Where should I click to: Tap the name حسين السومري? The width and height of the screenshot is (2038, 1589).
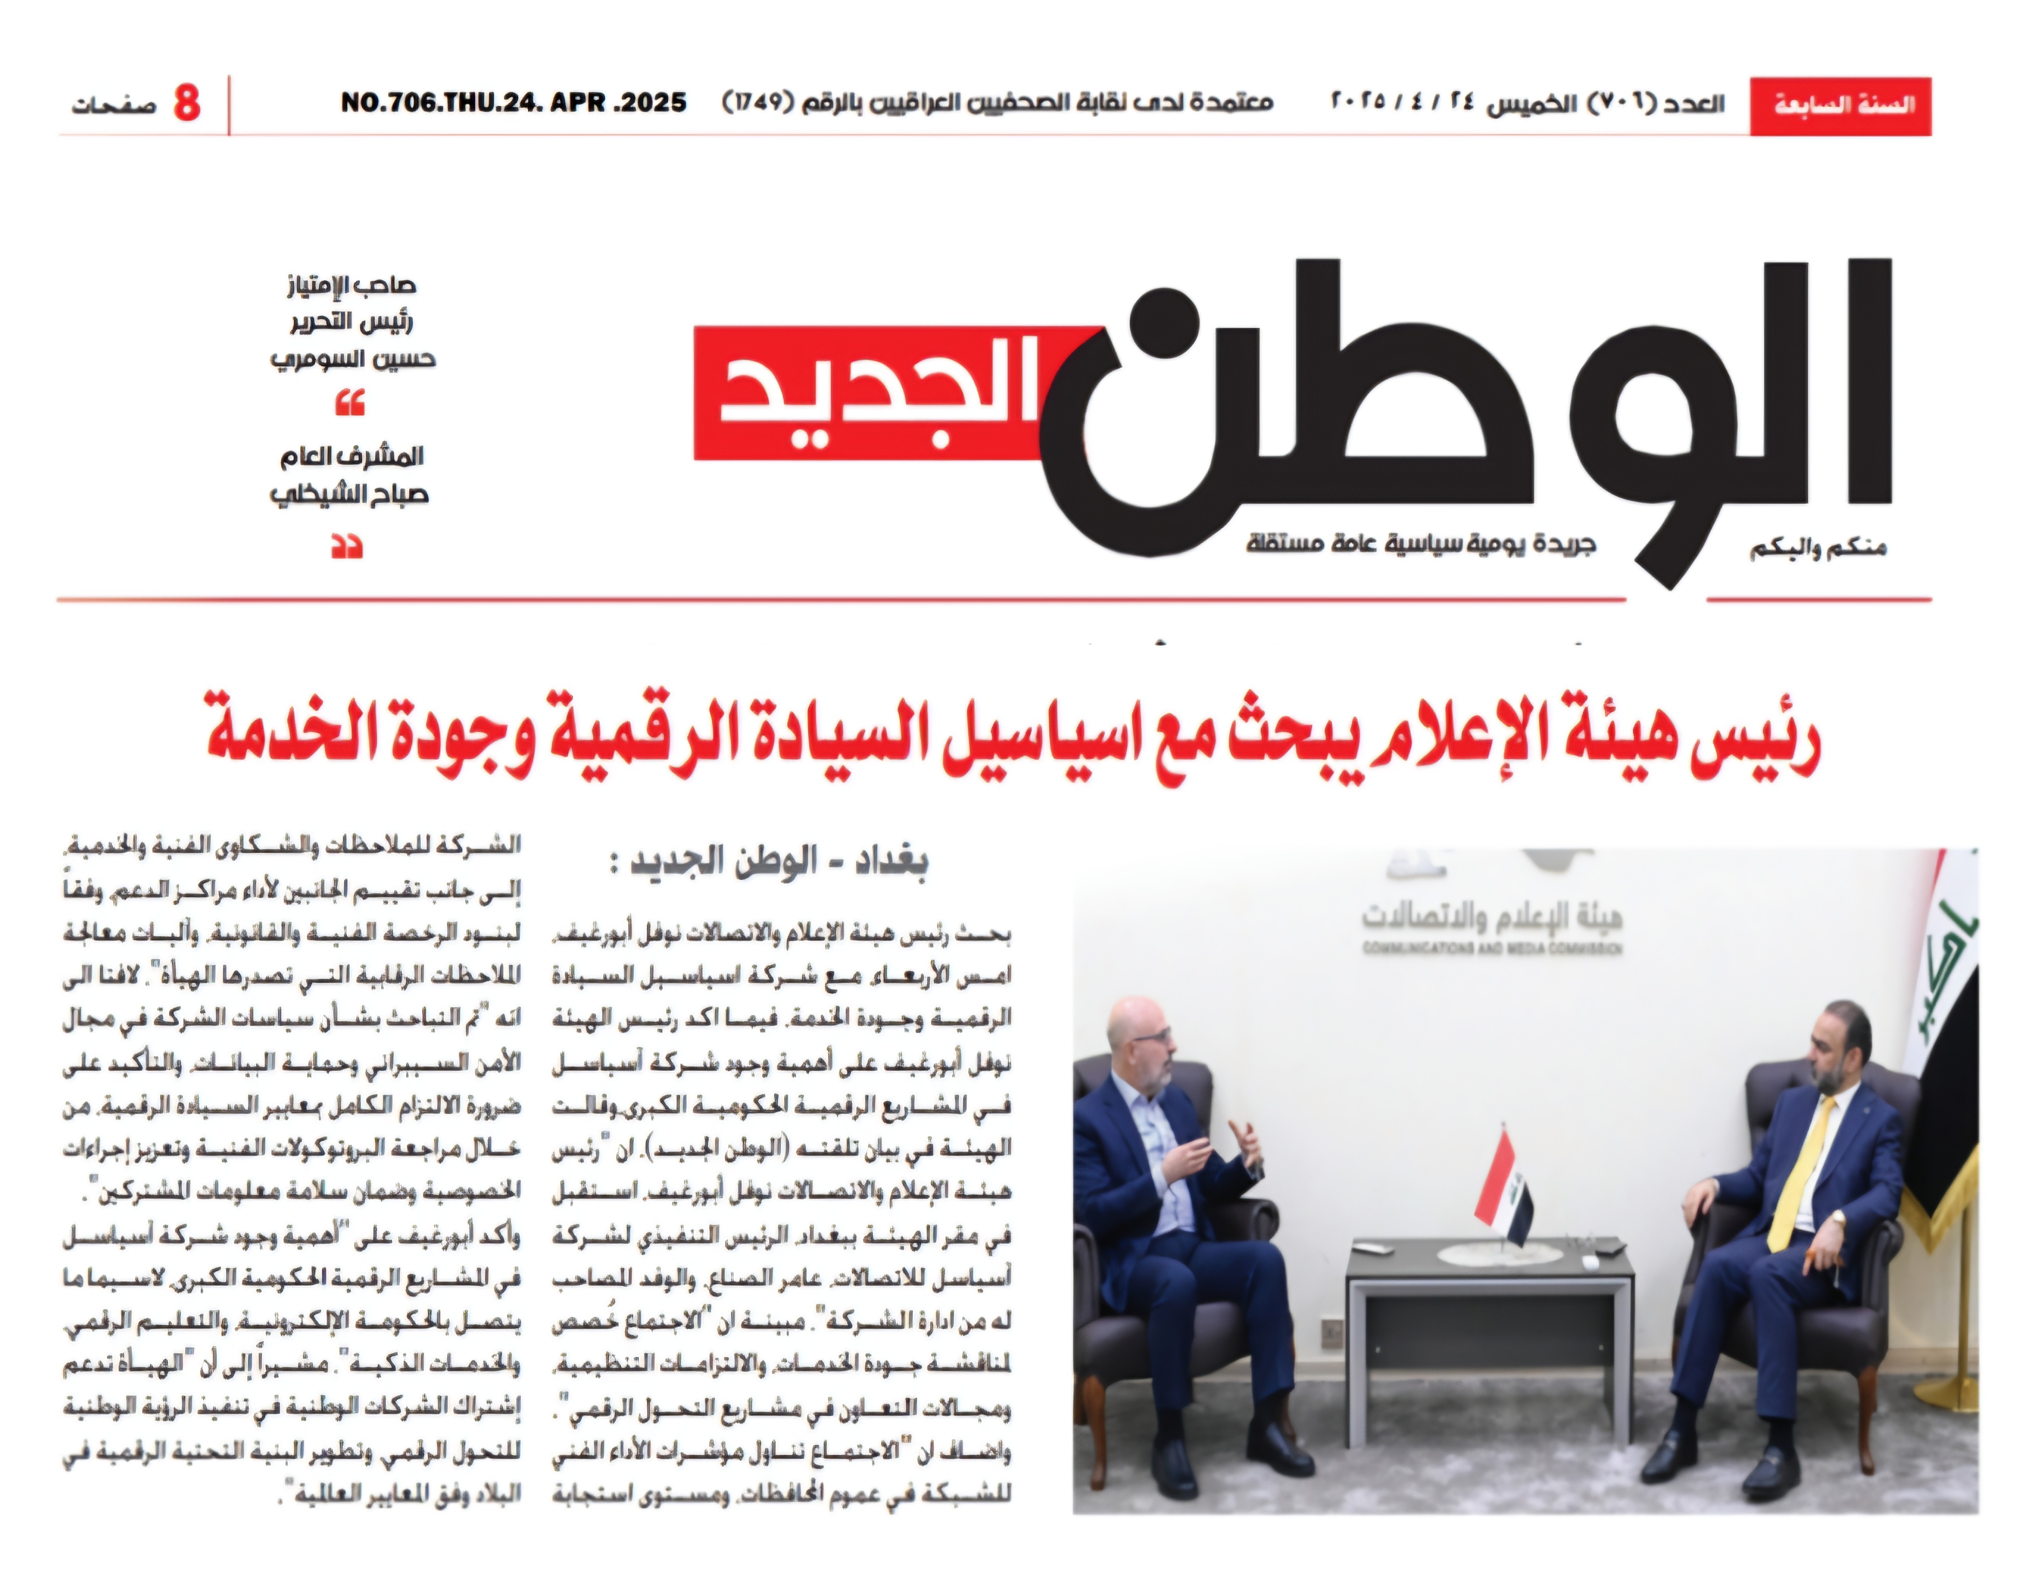(x=353, y=359)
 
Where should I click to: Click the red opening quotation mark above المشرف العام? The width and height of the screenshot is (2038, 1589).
(x=349, y=404)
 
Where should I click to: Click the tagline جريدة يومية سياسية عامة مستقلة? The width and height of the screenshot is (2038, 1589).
(x=1420, y=544)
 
